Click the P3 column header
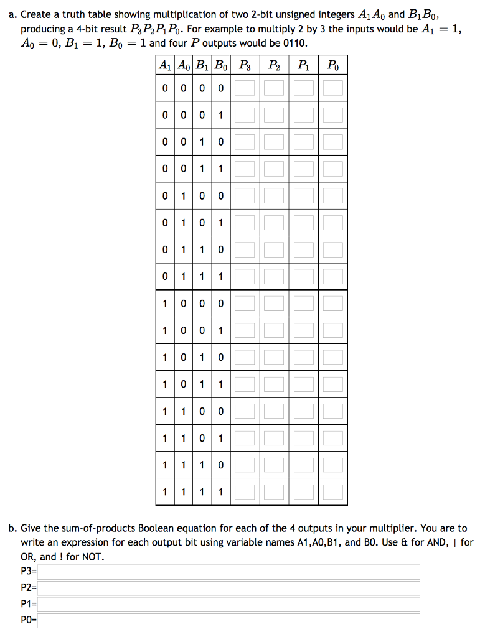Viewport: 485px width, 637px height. click(x=245, y=65)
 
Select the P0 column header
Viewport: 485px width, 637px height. click(x=333, y=65)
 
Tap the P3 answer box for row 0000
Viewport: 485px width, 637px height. click(x=245, y=88)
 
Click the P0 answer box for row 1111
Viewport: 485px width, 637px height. click(x=333, y=491)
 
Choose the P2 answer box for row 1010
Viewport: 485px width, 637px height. click(x=275, y=357)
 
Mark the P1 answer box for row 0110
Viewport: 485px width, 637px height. click(x=304, y=249)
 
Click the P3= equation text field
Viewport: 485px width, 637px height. click(x=228, y=572)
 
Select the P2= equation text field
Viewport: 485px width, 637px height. click(x=228, y=588)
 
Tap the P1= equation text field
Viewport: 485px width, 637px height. click(x=228, y=604)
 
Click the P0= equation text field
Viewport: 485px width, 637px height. click(x=228, y=620)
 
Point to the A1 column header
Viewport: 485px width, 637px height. click(x=165, y=65)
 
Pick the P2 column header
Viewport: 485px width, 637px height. click(x=275, y=65)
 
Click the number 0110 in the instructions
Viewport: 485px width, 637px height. click(x=296, y=43)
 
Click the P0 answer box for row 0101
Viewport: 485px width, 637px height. click(x=333, y=223)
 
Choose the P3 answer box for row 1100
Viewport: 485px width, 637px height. click(x=245, y=411)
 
